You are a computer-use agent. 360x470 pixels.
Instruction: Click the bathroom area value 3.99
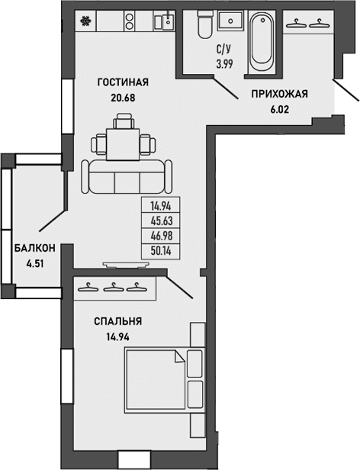click(224, 63)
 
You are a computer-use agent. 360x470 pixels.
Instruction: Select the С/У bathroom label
click(224, 50)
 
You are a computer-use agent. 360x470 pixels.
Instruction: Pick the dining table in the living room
click(123, 141)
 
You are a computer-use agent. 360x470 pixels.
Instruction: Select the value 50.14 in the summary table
click(160, 250)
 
